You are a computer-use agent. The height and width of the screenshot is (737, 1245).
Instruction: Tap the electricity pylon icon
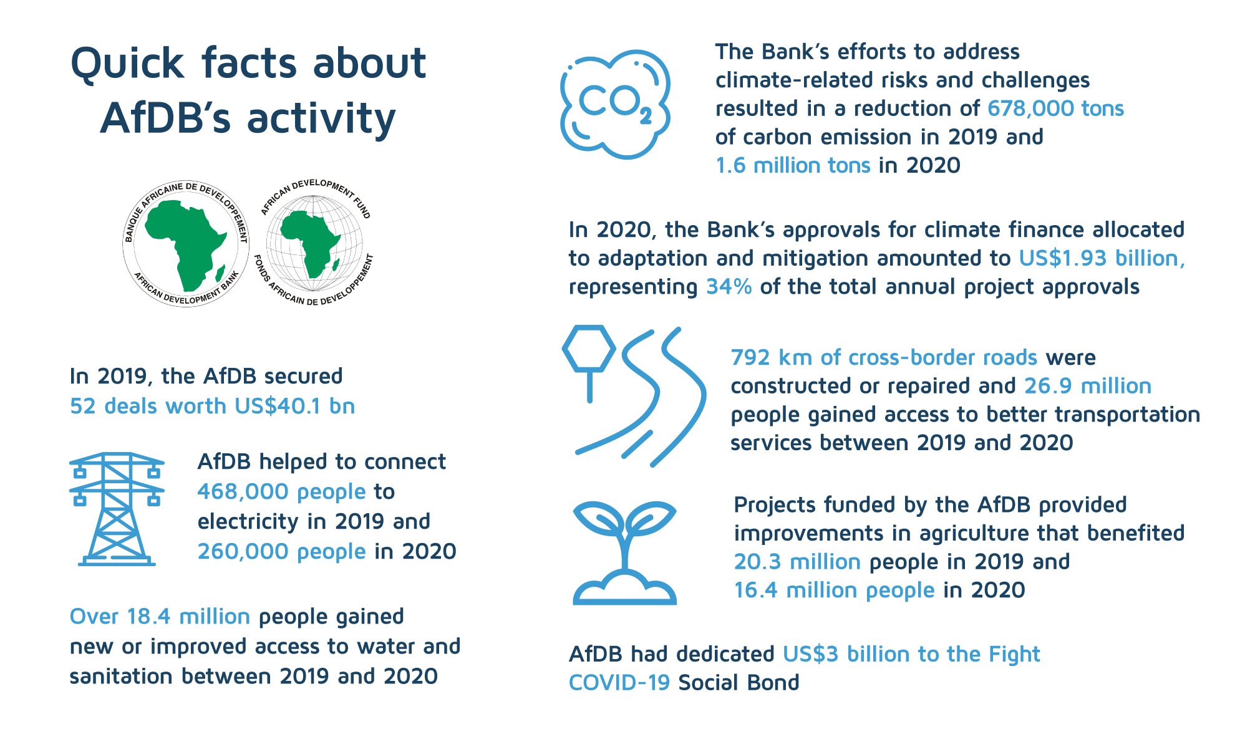(117, 509)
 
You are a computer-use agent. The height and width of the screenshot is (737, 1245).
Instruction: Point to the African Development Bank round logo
(186, 244)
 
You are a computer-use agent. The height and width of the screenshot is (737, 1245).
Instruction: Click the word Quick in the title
(127, 64)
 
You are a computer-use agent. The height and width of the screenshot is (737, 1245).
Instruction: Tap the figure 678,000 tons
(1055, 108)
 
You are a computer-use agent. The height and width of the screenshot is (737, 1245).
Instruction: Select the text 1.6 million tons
(792, 165)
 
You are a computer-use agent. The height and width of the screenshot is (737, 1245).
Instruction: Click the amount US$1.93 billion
(1101, 258)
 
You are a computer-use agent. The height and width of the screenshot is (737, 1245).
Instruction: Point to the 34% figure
(728, 287)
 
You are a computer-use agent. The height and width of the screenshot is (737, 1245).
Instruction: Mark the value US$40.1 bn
(294, 406)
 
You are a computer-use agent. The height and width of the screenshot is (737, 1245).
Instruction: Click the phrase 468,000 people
(281, 492)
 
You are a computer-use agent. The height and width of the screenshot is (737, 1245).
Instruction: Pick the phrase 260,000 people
(281, 552)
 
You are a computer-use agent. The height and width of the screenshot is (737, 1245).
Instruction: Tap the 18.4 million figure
(188, 616)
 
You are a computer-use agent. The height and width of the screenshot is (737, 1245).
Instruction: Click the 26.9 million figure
(1087, 386)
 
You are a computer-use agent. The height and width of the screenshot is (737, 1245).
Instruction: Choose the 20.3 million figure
(797, 562)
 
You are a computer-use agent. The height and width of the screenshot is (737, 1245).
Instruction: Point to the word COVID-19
(619, 683)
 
